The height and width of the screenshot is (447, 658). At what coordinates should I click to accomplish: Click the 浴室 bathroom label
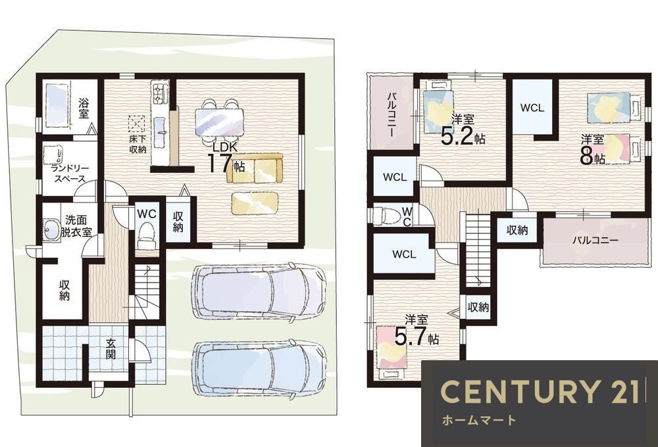(84, 108)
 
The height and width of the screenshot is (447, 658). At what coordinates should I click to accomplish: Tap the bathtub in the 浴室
(56, 105)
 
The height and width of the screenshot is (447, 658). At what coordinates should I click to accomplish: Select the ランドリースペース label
(70, 174)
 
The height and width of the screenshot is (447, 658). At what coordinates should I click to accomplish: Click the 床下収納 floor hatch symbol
(137, 124)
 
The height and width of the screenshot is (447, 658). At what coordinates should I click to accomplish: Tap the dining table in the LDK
(220, 121)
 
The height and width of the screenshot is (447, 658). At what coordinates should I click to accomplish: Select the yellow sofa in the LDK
(255, 168)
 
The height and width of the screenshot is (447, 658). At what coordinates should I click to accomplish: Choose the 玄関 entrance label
(111, 348)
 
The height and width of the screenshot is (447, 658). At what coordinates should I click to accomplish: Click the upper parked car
(259, 293)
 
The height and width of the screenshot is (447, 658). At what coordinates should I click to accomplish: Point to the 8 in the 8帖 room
(586, 157)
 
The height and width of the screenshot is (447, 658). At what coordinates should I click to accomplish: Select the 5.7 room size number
(411, 335)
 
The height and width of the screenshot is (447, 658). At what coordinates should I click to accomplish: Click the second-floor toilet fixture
(386, 215)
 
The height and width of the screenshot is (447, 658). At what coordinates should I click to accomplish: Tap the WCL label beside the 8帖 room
(532, 108)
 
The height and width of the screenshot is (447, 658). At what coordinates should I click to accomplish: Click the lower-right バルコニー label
(595, 241)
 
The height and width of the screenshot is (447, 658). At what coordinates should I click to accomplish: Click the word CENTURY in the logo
(519, 391)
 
